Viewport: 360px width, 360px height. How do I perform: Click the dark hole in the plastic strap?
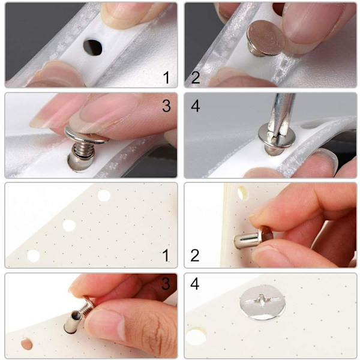pos(93,47)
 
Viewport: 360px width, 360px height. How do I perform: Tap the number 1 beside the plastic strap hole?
pos(166,77)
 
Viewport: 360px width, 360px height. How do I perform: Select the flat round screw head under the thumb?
pos(266,38)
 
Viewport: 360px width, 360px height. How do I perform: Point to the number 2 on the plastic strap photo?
pos(196,77)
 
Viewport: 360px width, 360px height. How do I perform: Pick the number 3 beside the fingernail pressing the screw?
pos(166,106)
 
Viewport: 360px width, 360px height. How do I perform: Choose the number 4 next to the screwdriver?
pos(196,106)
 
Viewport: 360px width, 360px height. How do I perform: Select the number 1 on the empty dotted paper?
pos(166,256)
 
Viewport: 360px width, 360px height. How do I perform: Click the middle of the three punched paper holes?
pos(69,225)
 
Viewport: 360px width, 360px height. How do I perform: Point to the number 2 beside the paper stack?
pos(195,256)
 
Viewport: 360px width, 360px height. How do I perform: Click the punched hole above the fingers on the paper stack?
pos(242,193)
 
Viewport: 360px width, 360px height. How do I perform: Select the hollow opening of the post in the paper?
pos(76,316)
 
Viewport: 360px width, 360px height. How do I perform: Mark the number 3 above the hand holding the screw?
pos(166,284)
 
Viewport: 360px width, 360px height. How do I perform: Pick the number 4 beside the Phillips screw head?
pos(195,284)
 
